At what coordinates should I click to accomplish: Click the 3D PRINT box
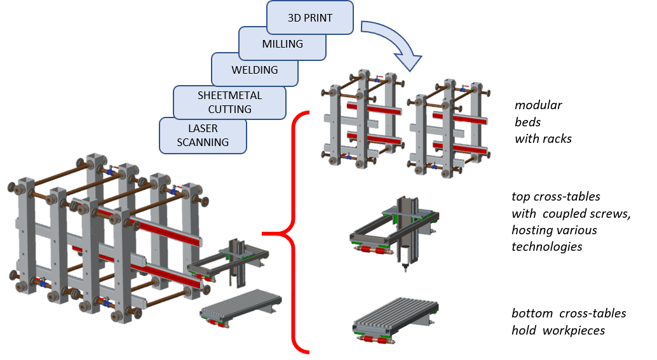tap(310, 18)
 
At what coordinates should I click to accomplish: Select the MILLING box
tap(283, 44)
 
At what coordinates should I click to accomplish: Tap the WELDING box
tap(255, 70)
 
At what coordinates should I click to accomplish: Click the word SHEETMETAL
tap(230, 95)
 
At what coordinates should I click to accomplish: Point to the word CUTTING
tap(230, 109)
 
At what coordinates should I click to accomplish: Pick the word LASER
tap(203, 128)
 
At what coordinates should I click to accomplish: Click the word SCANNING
tap(203, 142)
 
